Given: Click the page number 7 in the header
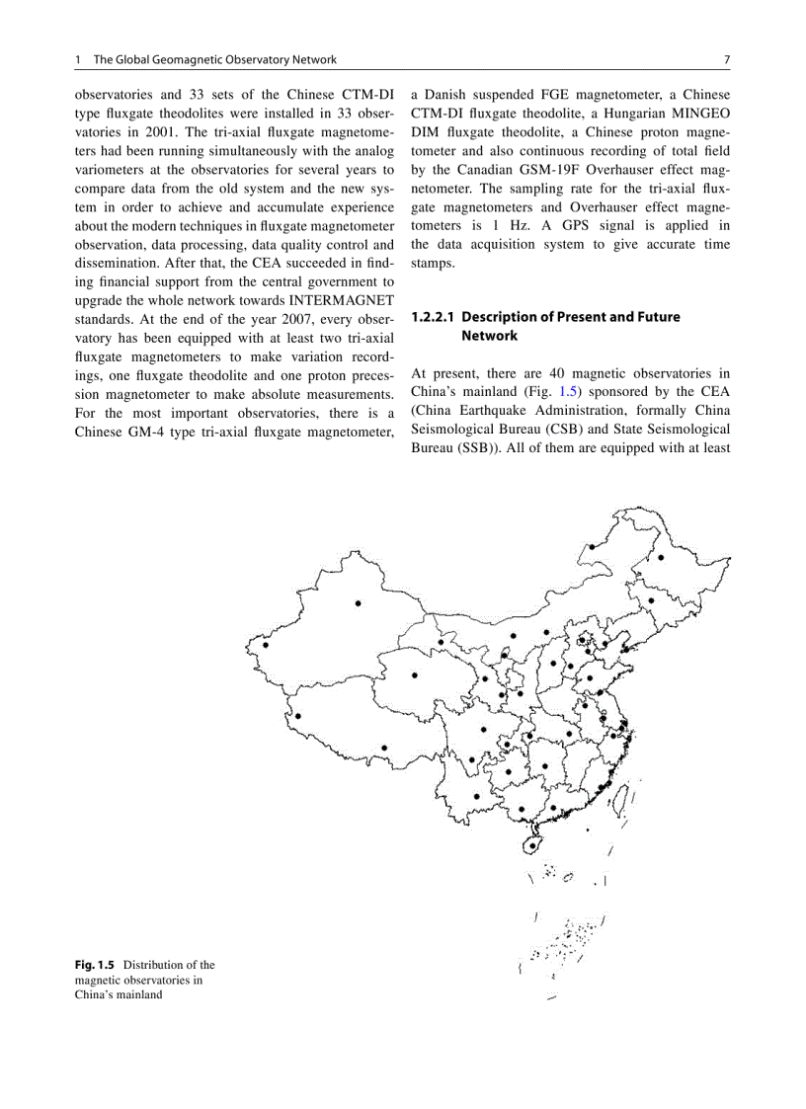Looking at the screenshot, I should [x=726, y=59].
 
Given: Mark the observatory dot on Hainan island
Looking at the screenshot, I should [x=534, y=844].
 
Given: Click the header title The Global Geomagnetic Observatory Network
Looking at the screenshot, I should [x=214, y=59].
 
